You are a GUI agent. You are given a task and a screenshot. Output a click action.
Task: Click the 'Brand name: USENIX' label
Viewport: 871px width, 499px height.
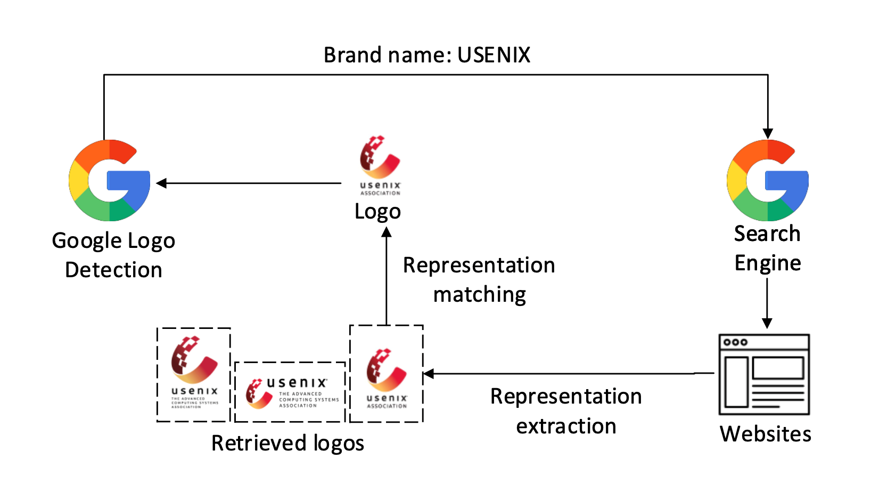coord(427,55)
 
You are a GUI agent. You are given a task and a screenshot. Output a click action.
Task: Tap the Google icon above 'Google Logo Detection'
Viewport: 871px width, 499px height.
coord(110,180)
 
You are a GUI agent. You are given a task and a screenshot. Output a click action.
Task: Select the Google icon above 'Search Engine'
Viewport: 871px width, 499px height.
coord(768,180)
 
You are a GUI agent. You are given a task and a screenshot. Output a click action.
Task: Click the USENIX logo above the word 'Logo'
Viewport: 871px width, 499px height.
coord(380,165)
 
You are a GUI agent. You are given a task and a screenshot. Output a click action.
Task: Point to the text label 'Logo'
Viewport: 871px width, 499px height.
coord(377,212)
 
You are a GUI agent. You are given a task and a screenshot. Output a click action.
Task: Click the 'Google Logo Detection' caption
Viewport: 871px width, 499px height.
coord(113,255)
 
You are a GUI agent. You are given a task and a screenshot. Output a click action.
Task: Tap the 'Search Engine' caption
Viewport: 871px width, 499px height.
coord(767,248)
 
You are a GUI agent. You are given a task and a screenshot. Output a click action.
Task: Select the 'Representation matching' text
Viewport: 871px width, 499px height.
coord(479,279)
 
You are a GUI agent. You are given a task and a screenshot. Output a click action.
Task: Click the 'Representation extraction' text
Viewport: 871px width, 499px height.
coord(566,411)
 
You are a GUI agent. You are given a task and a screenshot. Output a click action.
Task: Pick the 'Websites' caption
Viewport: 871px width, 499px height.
coord(765,434)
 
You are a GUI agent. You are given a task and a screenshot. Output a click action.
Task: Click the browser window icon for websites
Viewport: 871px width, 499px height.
coord(764,374)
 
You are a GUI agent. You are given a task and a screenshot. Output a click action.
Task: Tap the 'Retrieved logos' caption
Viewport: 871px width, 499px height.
coord(287,443)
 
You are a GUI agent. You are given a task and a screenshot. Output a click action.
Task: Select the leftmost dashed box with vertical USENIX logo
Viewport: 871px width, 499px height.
coord(194,374)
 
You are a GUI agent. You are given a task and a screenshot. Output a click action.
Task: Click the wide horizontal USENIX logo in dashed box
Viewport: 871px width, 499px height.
coord(290,392)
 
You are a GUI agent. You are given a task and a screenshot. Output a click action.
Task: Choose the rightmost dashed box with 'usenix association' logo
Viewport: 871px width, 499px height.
coord(387,374)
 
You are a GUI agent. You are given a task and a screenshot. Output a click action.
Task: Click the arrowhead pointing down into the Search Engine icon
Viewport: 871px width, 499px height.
coord(768,133)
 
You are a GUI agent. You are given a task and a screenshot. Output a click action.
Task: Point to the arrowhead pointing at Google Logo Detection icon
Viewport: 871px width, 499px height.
coord(161,183)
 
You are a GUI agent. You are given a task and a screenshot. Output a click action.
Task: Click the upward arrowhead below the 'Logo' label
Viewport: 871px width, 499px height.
coord(387,232)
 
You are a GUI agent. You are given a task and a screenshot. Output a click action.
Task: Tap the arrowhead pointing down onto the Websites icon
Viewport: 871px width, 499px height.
coord(767,323)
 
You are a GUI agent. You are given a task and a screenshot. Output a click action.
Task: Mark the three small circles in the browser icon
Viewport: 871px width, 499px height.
coord(735,342)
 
